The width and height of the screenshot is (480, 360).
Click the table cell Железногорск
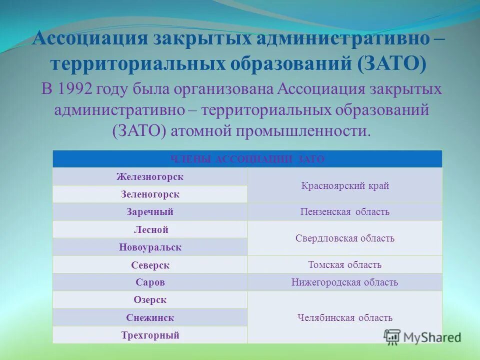(x=150, y=176)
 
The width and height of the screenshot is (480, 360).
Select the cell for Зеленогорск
(x=150, y=194)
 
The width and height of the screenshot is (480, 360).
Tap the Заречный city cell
(x=150, y=211)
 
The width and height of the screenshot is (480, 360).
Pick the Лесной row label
(x=150, y=229)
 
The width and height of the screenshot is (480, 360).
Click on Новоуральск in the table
(x=150, y=247)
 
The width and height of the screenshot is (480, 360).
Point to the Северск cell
(x=150, y=265)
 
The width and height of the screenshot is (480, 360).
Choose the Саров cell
(x=150, y=282)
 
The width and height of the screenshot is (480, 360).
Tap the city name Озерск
(x=150, y=300)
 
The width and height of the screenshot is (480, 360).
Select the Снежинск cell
(x=150, y=317)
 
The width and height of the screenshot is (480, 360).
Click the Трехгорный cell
(x=150, y=335)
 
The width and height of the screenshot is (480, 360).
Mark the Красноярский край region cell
(x=345, y=186)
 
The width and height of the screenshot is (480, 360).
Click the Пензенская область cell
(x=345, y=212)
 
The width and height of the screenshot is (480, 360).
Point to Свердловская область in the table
(x=345, y=238)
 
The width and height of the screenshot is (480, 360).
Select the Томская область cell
(x=345, y=265)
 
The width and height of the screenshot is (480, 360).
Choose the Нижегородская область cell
(x=345, y=282)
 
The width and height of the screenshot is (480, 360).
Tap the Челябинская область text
(x=345, y=317)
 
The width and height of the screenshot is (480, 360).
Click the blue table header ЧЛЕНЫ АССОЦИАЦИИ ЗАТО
(x=247, y=159)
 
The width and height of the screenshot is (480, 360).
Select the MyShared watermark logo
(x=422, y=336)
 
